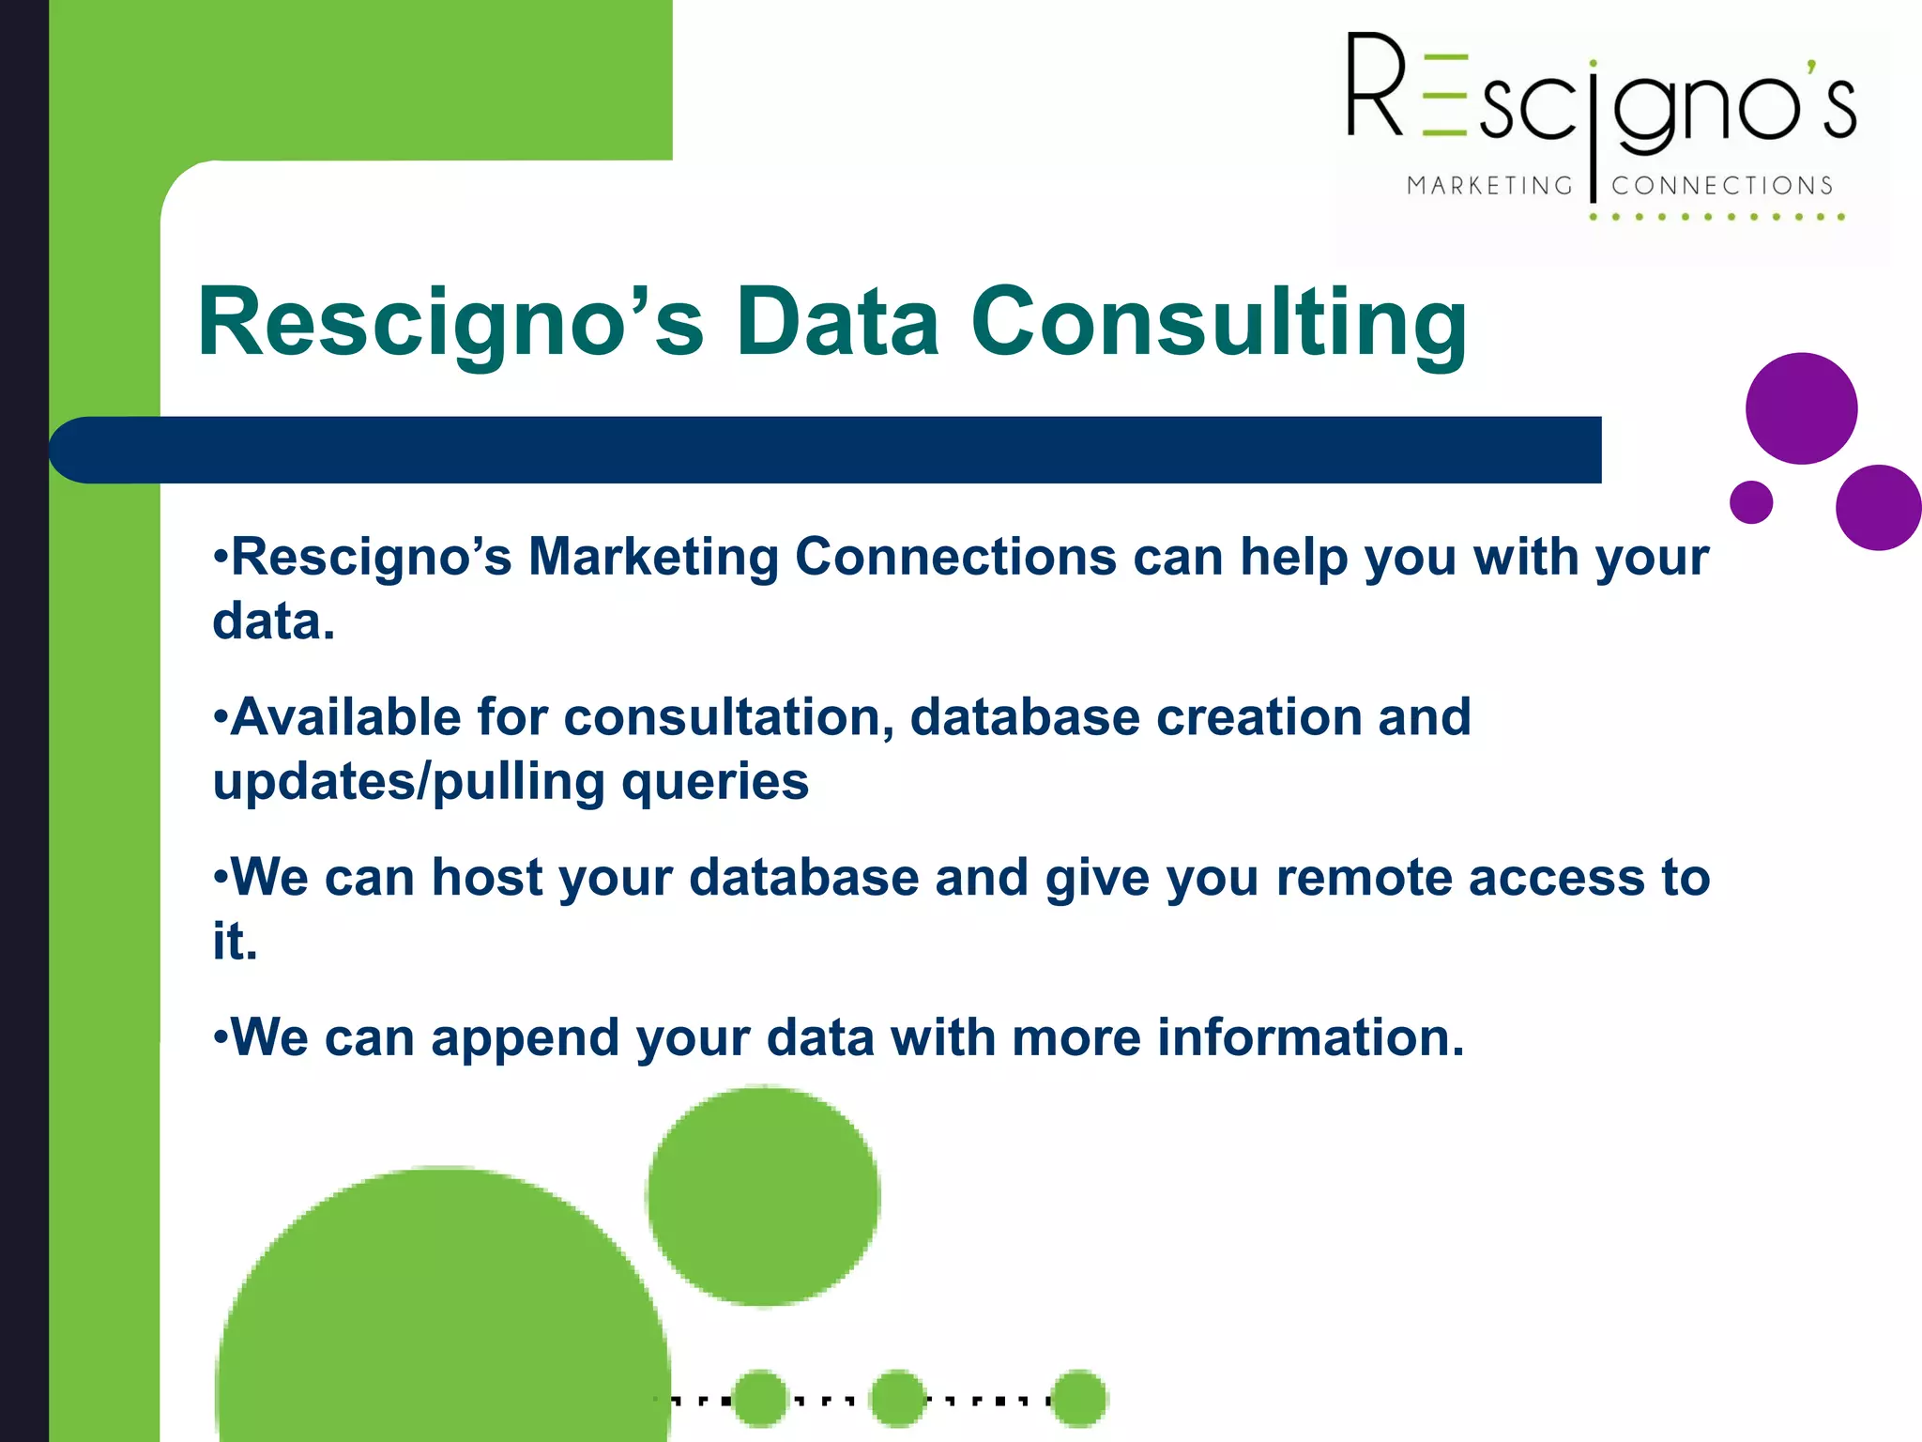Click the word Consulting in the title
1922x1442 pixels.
(x=1218, y=324)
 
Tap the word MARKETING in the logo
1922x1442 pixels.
(x=1489, y=186)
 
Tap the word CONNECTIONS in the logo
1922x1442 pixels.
(x=1722, y=186)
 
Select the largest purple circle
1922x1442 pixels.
(x=1801, y=408)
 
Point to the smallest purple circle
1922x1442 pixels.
(x=1751, y=502)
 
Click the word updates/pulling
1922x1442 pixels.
(x=408, y=782)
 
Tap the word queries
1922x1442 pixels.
(x=715, y=782)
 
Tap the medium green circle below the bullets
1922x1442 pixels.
(x=763, y=1196)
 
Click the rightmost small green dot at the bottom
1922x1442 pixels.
(x=1079, y=1399)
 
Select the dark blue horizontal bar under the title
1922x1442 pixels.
(x=826, y=450)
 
